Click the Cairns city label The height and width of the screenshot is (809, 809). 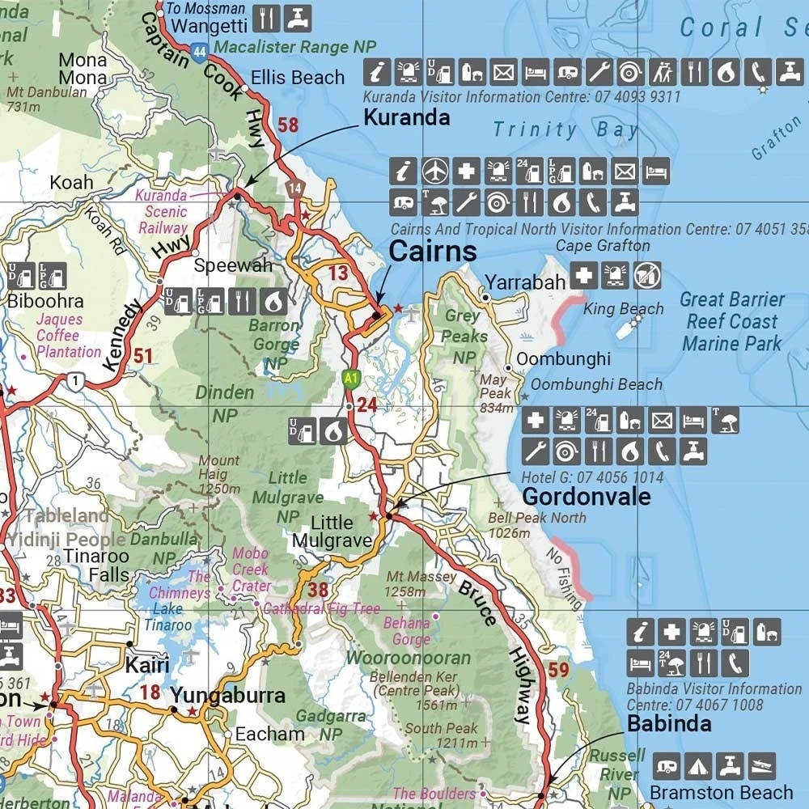(433, 252)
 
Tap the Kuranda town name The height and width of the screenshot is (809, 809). (406, 117)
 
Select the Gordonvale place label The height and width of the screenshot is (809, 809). (587, 496)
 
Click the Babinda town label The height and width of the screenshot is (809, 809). (669, 723)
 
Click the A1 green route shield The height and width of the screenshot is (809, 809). (349, 378)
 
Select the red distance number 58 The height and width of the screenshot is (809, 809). (288, 125)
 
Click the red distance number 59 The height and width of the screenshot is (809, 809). (558, 670)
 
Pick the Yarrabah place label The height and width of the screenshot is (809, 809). (525, 283)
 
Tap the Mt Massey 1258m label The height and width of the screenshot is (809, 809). (421, 584)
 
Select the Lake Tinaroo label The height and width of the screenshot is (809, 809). (167, 617)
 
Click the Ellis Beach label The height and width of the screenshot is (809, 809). (298, 78)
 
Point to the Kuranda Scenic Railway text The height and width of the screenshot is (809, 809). (162, 212)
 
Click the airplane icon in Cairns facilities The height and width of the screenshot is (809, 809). (435, 171)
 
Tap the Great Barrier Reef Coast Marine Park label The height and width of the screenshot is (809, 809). (732, 321)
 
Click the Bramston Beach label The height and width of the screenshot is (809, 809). (722, 792)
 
